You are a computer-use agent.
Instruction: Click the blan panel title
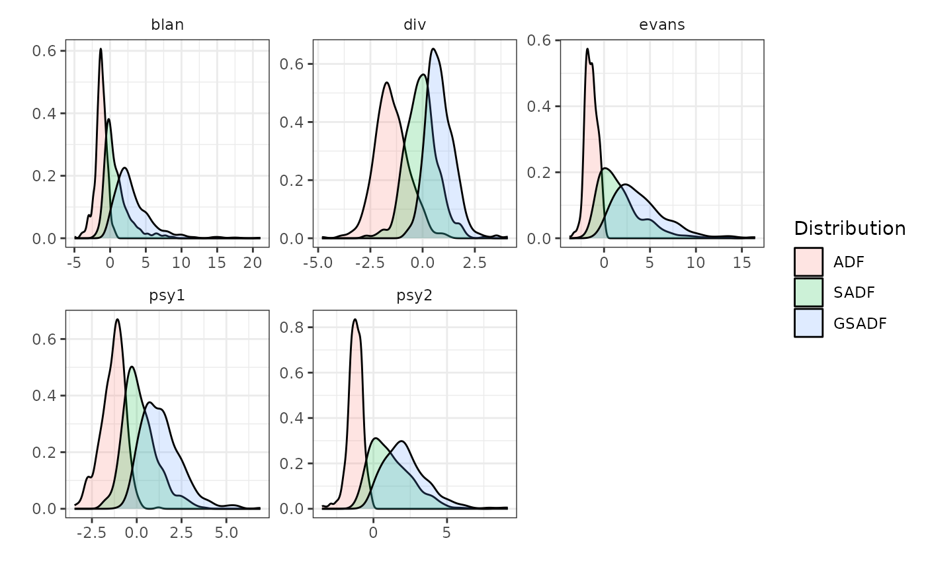(167, 24)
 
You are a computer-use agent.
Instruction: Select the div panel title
(415, 24)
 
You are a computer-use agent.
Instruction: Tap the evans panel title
(662, 24)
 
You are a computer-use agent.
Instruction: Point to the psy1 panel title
(167, 296)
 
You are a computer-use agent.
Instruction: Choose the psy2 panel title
(414, 296)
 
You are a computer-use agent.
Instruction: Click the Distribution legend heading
(849, 228)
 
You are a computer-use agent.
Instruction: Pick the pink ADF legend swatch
(808, 262)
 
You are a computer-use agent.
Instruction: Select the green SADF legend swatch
(808, 292)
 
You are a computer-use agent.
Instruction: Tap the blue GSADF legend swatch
(808, 323)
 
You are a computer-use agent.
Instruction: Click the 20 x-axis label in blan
(253, 263)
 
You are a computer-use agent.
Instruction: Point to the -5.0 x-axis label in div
(318, 263)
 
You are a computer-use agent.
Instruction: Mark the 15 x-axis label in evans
(741, 263)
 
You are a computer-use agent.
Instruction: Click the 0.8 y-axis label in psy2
(291, 327)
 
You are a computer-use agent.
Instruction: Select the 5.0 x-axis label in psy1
(226, 533)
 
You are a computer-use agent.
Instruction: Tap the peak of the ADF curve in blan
(101, 49)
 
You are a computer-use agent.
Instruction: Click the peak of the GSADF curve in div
(433, 49)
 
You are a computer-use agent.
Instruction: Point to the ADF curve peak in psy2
(355, 319)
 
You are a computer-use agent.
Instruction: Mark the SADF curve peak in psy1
(132, 367)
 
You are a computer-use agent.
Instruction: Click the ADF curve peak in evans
(587, 49)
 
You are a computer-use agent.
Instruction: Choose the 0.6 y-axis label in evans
(538, 40)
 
